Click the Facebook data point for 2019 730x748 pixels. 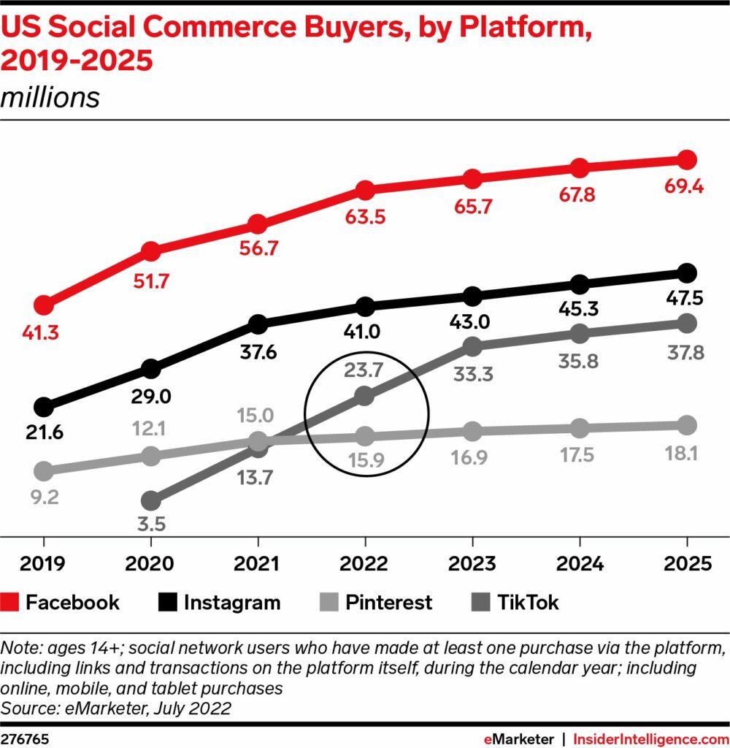click(44, 305)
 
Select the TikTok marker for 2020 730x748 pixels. click(150, 502)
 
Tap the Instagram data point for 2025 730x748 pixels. click(686, 273)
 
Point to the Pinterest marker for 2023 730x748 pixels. click(472, 431)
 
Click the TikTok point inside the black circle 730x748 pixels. click(365, 397)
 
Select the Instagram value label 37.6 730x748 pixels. click(258, 352)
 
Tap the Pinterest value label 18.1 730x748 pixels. click(686, 454)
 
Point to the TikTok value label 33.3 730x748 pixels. click(472, 374)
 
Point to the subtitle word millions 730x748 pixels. click(50, 97)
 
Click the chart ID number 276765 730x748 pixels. click(25, 737)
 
